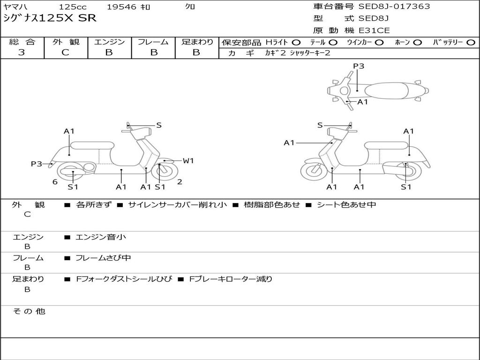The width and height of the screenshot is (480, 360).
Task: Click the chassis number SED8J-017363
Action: [x=394, y=7]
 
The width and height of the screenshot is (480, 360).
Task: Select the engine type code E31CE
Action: [x=374, y=30]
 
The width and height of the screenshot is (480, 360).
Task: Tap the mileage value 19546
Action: [x=121, y=7]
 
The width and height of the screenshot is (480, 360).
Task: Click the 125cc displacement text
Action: [x=73, y=7]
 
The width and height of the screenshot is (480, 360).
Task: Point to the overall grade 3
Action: [x=22, y=52]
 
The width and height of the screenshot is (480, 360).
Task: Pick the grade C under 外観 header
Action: [x=65, y=52]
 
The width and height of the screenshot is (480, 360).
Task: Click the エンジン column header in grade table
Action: [x=109, y=42]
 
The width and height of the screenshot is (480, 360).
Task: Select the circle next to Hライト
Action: [x=296, y=43]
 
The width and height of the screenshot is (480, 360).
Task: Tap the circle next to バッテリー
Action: [x=471, y=43]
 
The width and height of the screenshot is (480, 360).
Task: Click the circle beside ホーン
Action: [x=417, y=43]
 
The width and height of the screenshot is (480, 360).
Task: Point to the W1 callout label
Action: [x=188, y=160]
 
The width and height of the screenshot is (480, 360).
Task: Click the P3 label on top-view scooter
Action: [x=359, y=66]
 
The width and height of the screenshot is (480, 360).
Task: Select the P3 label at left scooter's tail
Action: [x=37, y=164]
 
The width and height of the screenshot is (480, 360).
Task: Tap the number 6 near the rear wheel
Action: [x=55, y=182]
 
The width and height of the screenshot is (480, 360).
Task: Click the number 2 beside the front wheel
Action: [x=180, y=182]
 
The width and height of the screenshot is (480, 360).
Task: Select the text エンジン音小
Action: [x=100, y=237]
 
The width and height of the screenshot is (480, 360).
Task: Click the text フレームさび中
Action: [x=103, y=258]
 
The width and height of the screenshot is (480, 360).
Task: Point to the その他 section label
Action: [x=29, y=311]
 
